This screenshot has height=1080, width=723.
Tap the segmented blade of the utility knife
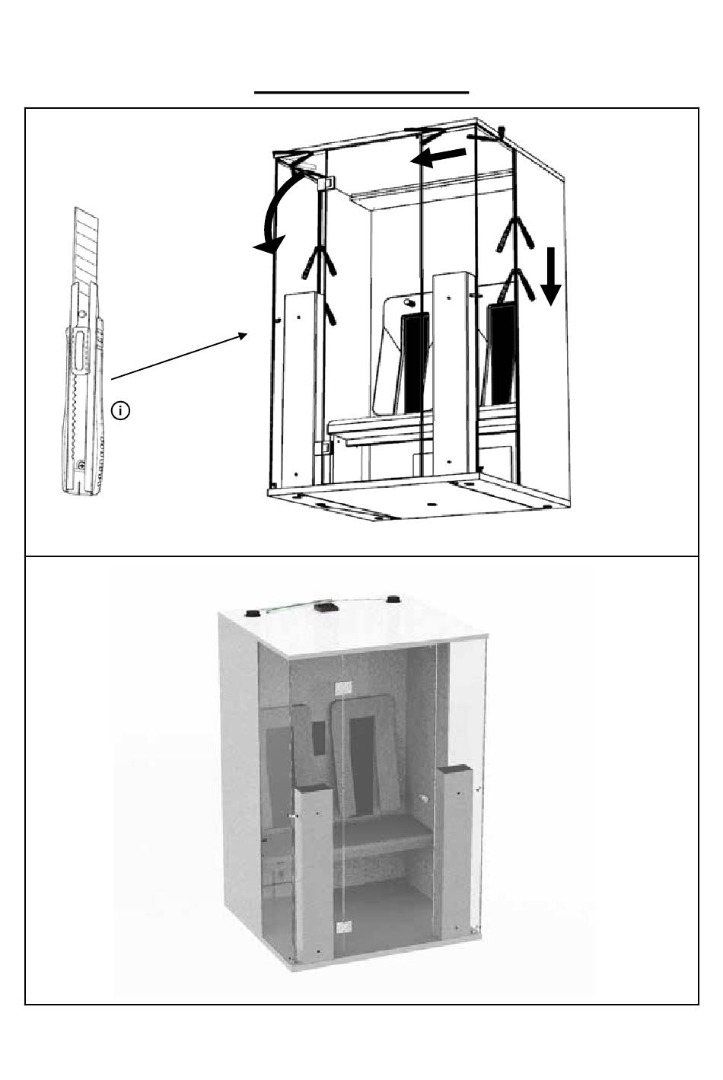pyautogui.click(x=86, y=243)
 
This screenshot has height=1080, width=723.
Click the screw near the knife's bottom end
pyautogui.click(x=81, y=463)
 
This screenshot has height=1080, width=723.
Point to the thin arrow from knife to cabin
pyautogui.click(x=180, y=355)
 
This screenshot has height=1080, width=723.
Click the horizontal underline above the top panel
pyautogui.click(x=361, y=92)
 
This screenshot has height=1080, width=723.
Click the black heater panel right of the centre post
pyautogui.click(x=502, y=355)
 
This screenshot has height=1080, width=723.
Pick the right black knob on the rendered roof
pyautogui.click(x=393, y=600)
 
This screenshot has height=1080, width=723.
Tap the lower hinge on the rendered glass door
pyautogui.click(x=343, y=927)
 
